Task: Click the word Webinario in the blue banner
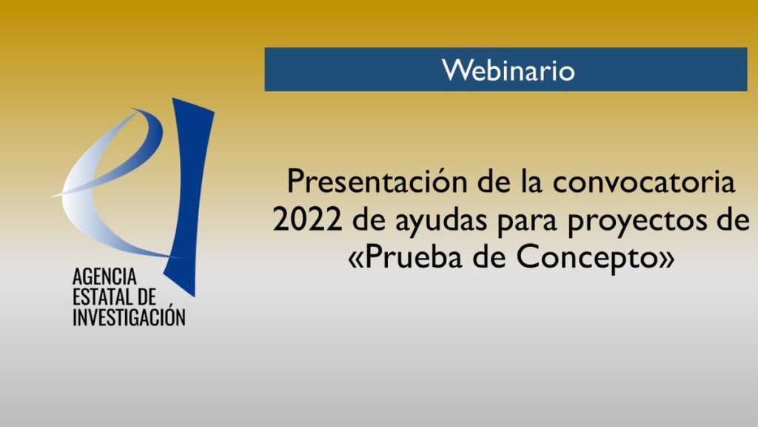click(508, 70)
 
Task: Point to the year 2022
click(307, 219)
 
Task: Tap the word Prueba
click(413, 256)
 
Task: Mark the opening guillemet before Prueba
click(355, 260)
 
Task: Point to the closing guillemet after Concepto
click(667, 260)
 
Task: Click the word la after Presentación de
click(531, 182)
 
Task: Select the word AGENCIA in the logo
click(104, 277)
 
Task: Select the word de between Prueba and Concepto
click(489, 256)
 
